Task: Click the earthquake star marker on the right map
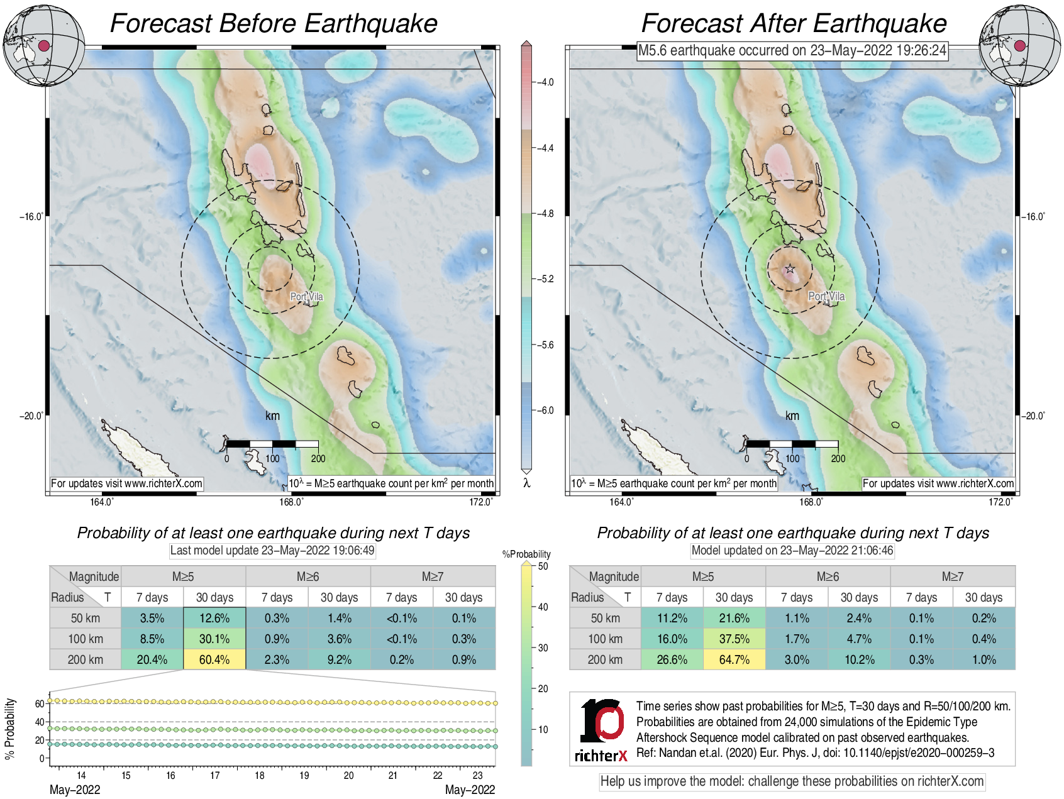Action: click(x=790, y=269)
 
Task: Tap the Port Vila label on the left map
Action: click(x=306, y=297)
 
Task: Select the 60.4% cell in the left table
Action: click(x=214, y=659)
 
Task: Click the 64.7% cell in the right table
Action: click(x=734, y=659)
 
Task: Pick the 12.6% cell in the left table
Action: click(x=214, y=618)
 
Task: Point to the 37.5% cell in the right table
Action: click(x=734, y=639)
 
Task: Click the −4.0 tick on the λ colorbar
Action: click(x=545, y=82)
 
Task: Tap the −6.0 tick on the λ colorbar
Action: click(x=545, y=411)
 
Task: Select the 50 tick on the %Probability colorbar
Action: click(x=542, y=566)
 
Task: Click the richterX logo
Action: click(x=602, y=730)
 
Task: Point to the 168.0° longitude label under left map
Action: click(x=292, y=502)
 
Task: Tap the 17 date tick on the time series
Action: click(x=215, y=775)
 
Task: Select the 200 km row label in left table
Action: click(x=86, y=659)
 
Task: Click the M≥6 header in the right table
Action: click(x=828, y=576)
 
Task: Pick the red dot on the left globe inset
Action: click(x=44, y=45)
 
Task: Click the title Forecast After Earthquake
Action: click(x=794, y=23)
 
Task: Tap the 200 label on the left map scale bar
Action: click(x=318, y=458)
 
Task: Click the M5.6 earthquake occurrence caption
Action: click(x=792, y=50)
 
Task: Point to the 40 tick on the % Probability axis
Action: click(x=40, y=722)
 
